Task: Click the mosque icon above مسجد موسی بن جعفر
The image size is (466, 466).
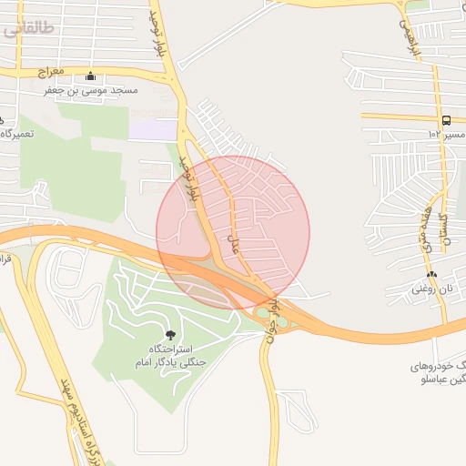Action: (x=90, y=77)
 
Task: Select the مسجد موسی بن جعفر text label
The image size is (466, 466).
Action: (x=91, y=91)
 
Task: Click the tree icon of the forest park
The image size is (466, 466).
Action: (x=170, y=335)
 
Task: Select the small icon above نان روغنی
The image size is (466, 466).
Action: (x=431, y=274)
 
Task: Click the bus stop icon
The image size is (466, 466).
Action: (x=446, y=120)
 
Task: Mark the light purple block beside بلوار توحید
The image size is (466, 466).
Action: (x=153, y=128)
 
